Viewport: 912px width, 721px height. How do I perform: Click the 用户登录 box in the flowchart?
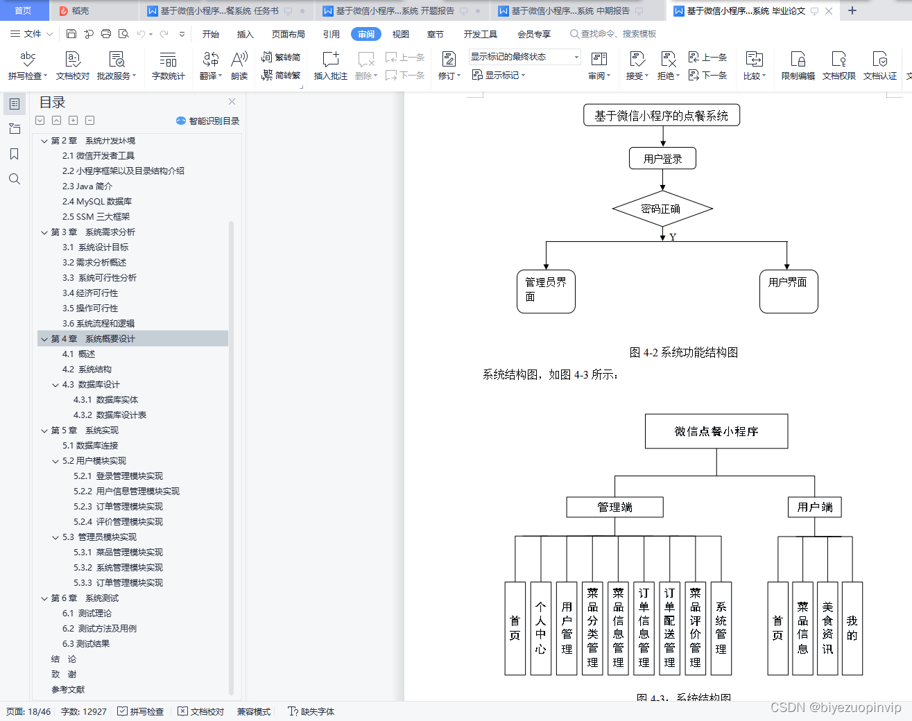(x=662, y=159)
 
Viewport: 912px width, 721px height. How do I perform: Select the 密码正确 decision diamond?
(x=662, y=209)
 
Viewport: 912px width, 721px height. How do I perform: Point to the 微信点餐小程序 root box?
(x=716, y=431)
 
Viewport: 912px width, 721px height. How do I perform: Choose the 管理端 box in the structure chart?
(x=614, y=507)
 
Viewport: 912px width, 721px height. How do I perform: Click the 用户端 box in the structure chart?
(x=815, y=507)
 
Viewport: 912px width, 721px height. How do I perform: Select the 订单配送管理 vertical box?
(x=669, y=628)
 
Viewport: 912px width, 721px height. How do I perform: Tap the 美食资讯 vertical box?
(x=827, y=628)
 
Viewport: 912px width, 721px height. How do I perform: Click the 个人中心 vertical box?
(x=541, y=628)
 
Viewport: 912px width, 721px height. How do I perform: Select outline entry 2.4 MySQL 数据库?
(x=97, y=202)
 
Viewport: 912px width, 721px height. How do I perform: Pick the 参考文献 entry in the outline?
(x=68, y=690)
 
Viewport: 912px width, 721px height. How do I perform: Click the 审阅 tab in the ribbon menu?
(x=366, y=34)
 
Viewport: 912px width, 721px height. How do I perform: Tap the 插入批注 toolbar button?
(x=331, y=66)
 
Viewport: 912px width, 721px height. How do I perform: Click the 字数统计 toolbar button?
(x=169, y=66)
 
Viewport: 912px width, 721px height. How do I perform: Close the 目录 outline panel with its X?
(x=232, y=102)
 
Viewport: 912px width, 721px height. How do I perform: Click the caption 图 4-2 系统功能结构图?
(x=683, y=352)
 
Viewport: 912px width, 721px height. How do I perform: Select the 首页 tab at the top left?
(x=23, y=10)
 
